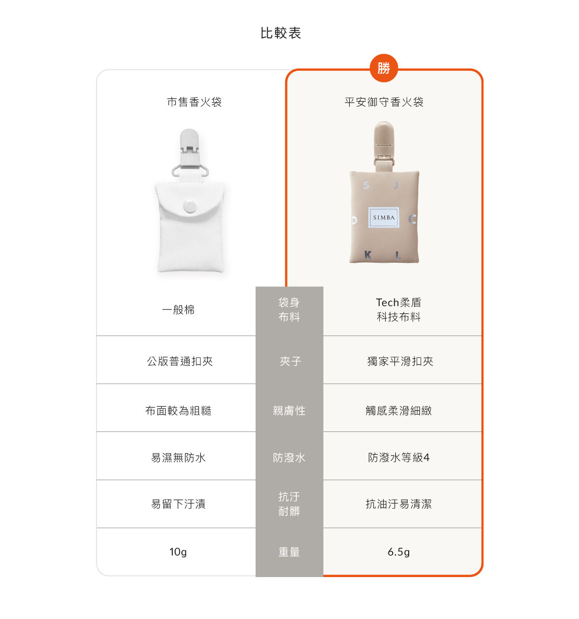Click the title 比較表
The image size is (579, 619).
280,33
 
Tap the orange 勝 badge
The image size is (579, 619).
384,68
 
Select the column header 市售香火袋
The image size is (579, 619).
194,102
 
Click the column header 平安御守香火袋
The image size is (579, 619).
384,102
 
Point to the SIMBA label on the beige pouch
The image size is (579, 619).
384,217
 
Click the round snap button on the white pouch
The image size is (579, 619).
190,206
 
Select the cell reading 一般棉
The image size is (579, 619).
178,309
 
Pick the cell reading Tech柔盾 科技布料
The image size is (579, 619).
399,309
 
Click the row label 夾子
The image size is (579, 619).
290,361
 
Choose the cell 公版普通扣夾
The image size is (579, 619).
179,361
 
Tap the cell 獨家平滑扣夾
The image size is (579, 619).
400,361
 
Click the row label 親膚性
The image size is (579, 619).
289,410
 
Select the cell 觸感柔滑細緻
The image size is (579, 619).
399,410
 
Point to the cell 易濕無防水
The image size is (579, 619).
178,458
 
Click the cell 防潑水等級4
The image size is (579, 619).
399,457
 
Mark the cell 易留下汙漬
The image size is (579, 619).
178,504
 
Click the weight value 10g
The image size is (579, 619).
178,552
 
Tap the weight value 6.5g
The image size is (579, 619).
399,552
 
